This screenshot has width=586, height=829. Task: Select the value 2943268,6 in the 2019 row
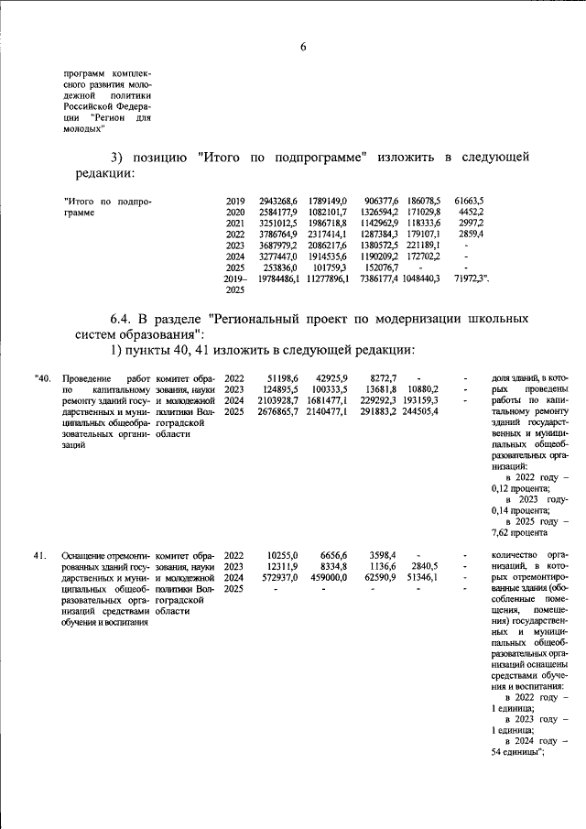(278, 200)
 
